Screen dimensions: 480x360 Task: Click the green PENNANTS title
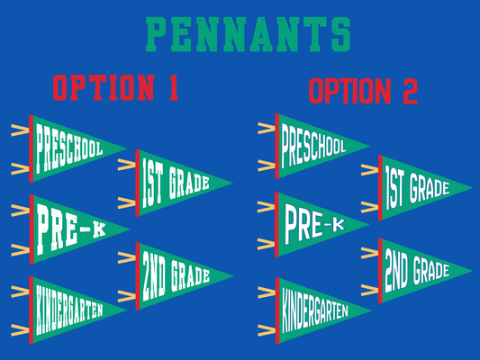(x=249, y=34)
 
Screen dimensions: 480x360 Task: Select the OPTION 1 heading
(x=115, y=88)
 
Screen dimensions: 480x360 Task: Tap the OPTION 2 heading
(x=363, y=91)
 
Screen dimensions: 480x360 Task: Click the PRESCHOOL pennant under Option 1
(x=68, y=148)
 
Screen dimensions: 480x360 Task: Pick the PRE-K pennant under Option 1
(x=70, y=229)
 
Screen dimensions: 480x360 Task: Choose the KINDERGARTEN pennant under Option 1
(x=68, y=310)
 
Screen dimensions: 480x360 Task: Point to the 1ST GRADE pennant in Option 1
(x=176, y=183)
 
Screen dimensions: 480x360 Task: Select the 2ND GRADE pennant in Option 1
(x=176, y=276)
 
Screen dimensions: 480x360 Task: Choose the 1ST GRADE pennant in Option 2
(x=417, y=187)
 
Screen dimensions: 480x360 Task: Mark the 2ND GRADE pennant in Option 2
(x=417, y=271)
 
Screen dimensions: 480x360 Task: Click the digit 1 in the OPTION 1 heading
(x=174, y=88)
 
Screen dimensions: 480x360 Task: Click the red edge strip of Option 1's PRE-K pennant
(x=32, y=229)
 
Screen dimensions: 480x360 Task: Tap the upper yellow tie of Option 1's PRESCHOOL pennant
(x=20, y=130)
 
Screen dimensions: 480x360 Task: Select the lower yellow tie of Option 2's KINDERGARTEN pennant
(x=267, y=330)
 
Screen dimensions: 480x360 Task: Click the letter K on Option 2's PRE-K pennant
(x=339, y=224)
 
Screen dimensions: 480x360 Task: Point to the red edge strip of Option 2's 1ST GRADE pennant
(x=380, y=187)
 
